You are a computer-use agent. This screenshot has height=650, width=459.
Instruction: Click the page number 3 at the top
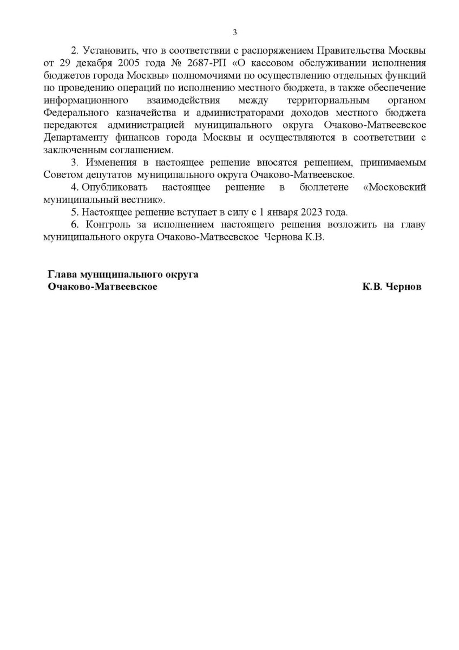tap(234, 32)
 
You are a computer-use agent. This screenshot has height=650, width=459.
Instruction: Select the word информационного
tap(86, 101)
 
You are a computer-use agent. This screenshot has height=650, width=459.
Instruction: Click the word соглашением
tap(142, 149)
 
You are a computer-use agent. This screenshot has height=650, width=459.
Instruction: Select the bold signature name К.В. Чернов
tap(392, 287)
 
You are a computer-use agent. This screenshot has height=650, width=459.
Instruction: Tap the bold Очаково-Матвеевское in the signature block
tap(103, 287)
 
